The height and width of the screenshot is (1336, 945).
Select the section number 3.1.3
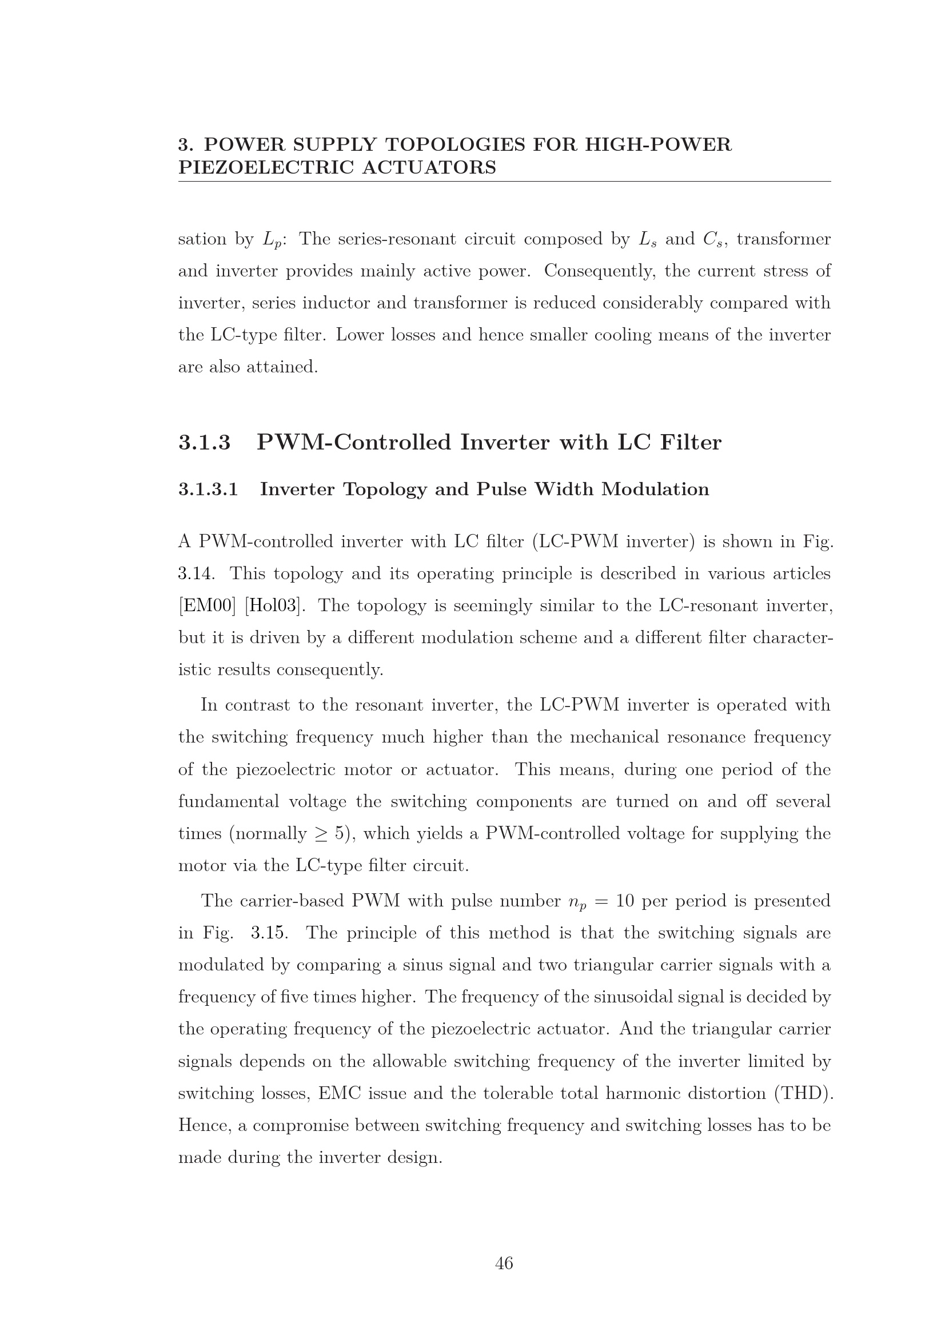204,443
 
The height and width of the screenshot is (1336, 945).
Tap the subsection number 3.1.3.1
208,490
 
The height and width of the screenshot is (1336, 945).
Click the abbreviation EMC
339,1093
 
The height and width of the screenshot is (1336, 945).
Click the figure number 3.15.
269,933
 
